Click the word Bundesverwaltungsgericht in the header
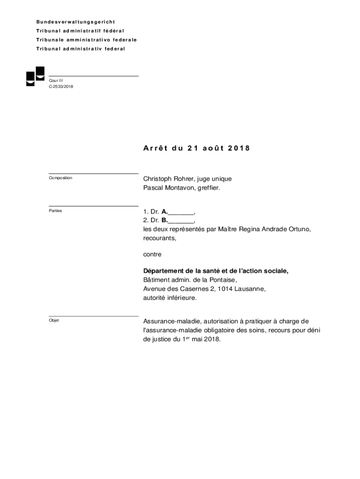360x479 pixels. (76, 22)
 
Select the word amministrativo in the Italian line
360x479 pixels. (84, 40)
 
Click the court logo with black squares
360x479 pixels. (35, 76)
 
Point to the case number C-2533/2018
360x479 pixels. (61, 87)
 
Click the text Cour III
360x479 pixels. (56, 80)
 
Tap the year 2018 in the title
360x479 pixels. (239, 148)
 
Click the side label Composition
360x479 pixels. (60, 178)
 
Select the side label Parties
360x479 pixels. (55, 211)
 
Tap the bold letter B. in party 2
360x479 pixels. (165, 220)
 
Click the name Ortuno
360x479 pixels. (298, 229)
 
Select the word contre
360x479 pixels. (152, 254)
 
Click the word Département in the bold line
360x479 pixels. (164, 271)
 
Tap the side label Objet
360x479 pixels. (54, 320)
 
